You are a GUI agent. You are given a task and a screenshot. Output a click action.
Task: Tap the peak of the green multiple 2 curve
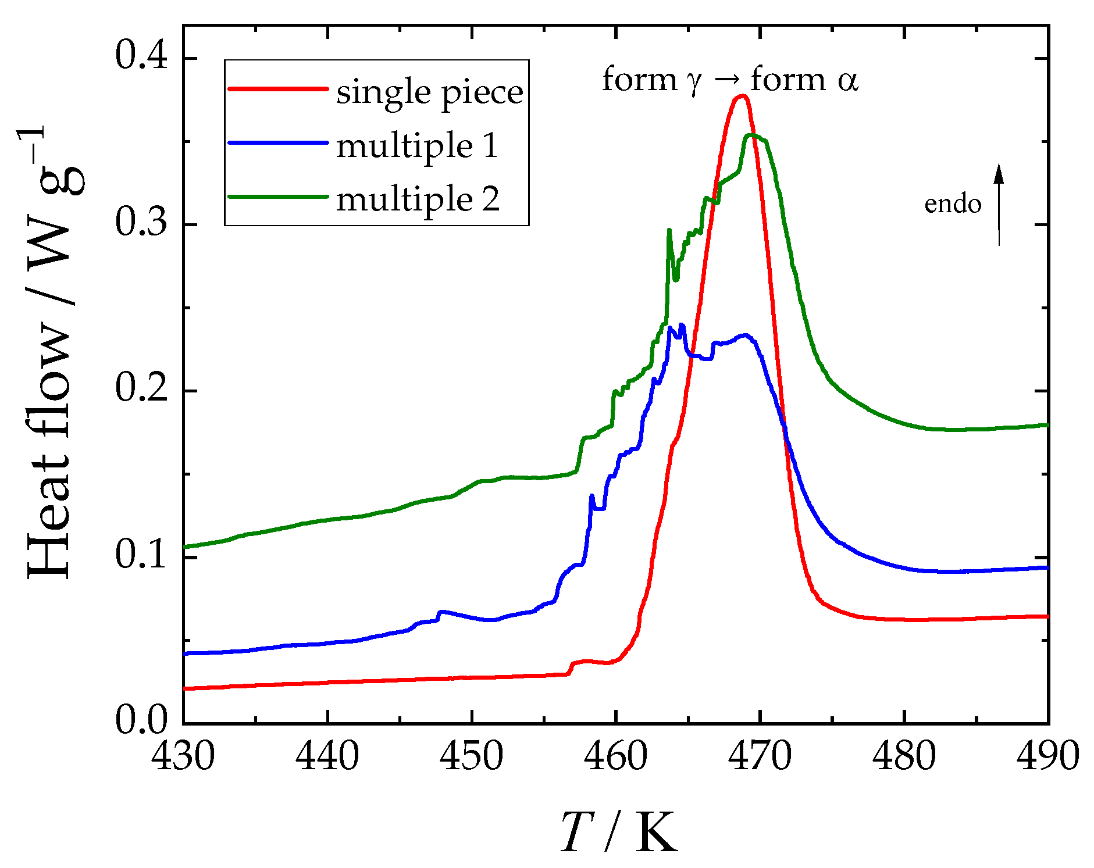(751, 135)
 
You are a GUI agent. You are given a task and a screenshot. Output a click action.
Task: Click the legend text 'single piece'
(429, 92)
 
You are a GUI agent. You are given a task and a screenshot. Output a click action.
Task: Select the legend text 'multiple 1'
(417, 145)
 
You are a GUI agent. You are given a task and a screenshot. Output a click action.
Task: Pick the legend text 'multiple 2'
(418, 199)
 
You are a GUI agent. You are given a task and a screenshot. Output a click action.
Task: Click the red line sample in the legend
(278, 89)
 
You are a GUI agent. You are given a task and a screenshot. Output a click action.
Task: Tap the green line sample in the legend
(278, 197)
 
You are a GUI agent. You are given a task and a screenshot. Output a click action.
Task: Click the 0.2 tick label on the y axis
(141, 389)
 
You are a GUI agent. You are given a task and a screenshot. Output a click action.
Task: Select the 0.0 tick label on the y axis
(141, 721)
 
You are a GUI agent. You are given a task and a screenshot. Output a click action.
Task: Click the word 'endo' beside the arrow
(953, 204)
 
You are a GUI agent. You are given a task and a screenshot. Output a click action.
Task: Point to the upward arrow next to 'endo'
(999, 203)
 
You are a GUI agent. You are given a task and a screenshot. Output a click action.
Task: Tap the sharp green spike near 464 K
(669, 231)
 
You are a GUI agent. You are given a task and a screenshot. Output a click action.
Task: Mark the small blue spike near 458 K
(591, 496)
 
